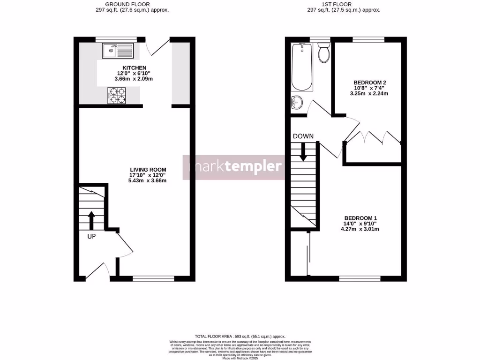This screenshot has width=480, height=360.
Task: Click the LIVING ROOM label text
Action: tap(148, 170)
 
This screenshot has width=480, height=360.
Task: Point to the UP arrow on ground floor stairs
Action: tap(91, 219)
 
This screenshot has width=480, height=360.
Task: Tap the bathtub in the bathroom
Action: tap(302, 66)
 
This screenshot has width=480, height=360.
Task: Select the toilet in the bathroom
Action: tap(323, 53)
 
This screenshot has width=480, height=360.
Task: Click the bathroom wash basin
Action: tap(296, 102)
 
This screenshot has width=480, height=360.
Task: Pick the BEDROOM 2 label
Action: tap(369, 82)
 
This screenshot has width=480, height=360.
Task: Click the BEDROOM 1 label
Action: tap(360, 218)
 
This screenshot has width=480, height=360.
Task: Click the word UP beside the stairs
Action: tap(91, 237)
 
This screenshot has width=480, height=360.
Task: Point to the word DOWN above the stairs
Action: tap(303, 136)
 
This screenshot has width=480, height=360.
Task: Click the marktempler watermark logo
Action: tap(233, 167)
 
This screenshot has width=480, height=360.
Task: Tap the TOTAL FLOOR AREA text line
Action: tap(240, 337)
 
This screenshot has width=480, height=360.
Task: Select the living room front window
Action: tap(153, 278)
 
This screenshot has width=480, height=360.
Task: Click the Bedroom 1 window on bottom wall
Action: tap(360, 278)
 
